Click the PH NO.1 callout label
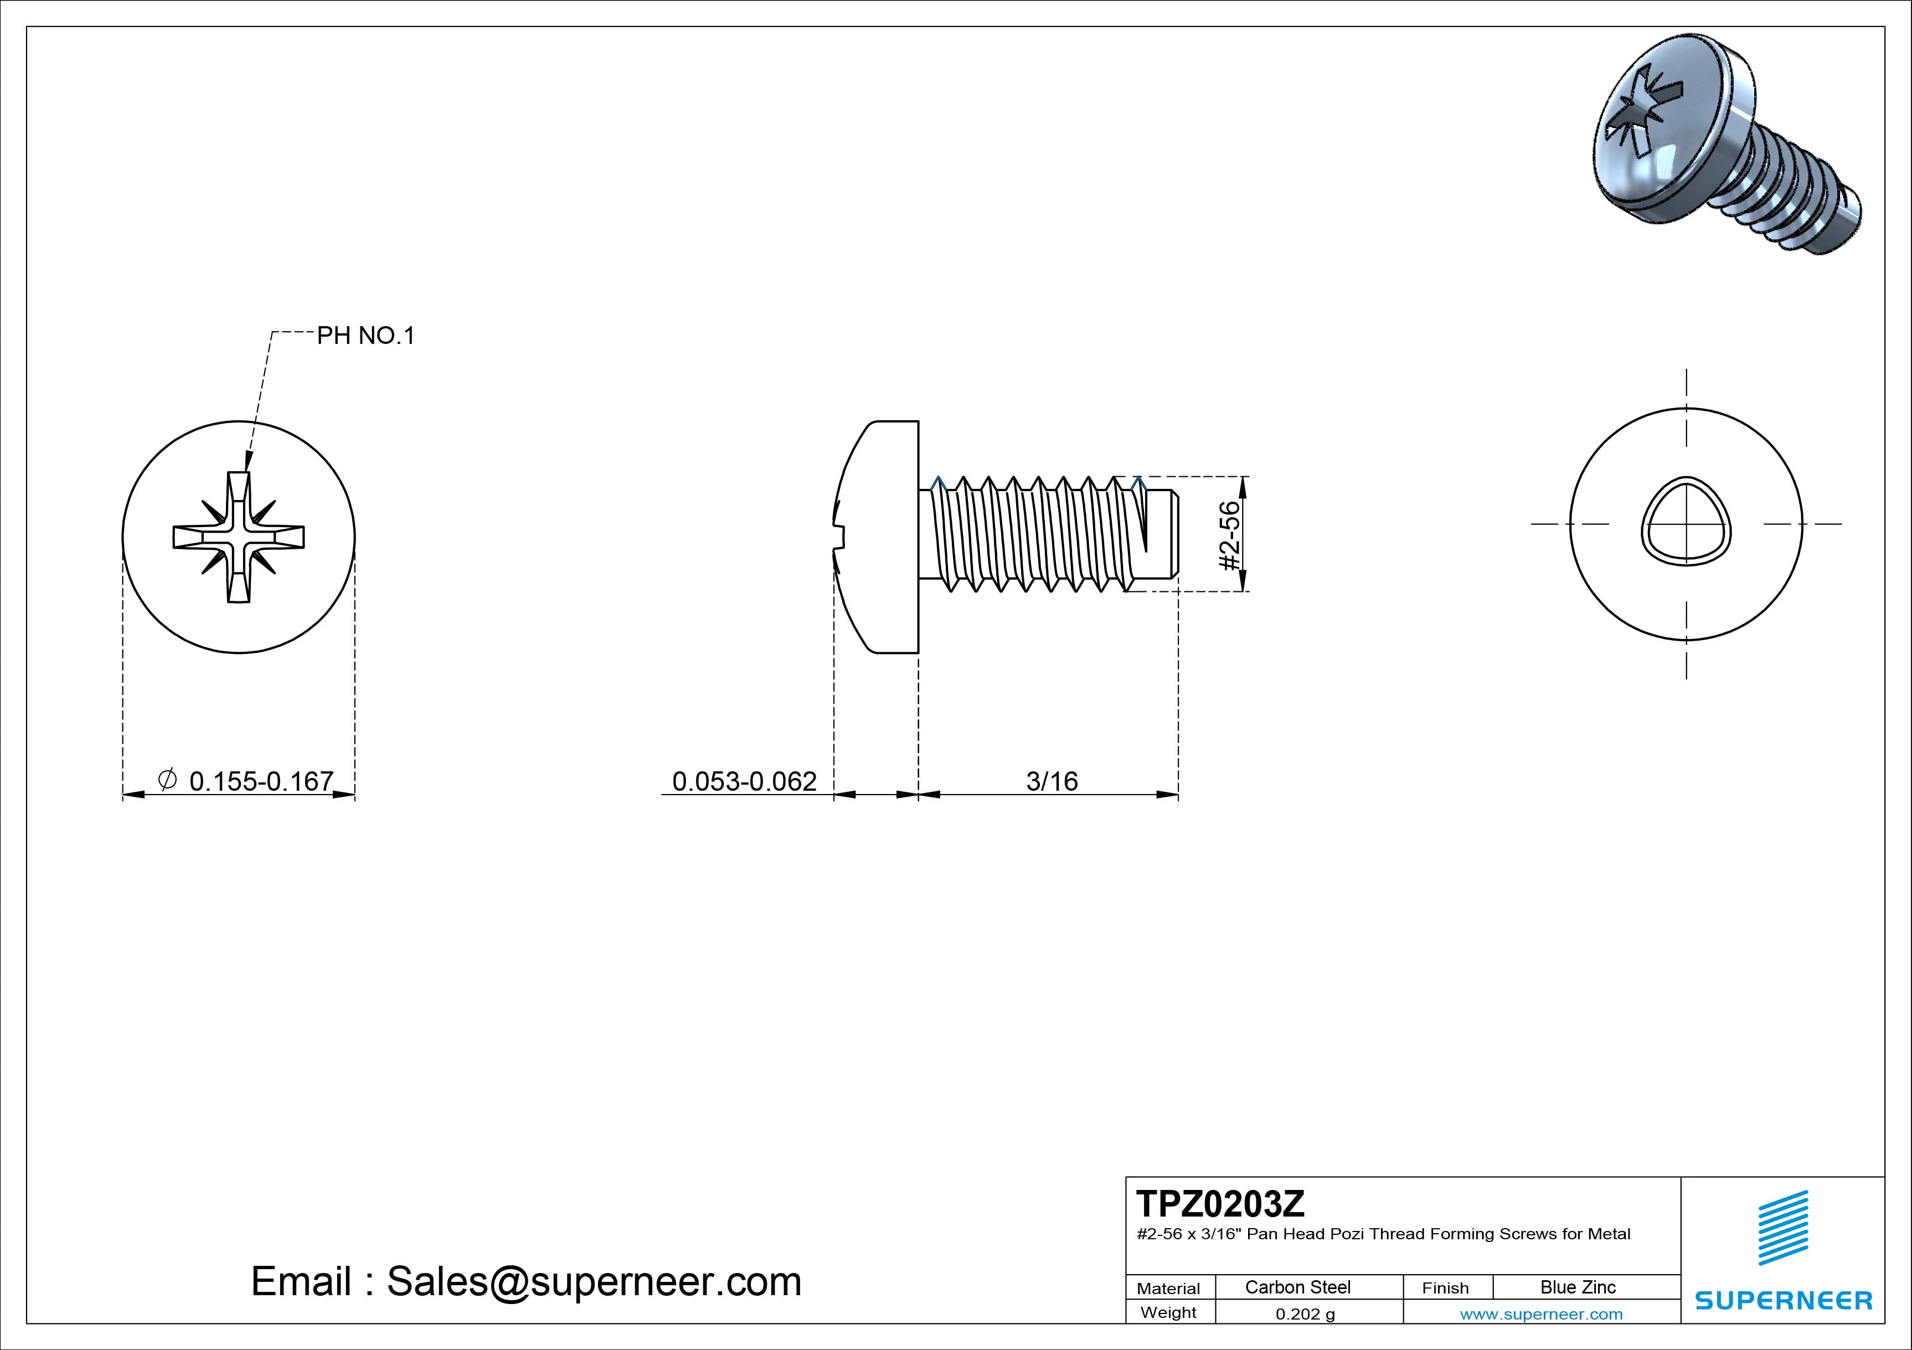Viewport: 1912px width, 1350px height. [365, 336]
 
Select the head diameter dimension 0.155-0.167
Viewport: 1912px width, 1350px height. [261, 781]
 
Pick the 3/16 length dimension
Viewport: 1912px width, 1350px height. [1052, 781]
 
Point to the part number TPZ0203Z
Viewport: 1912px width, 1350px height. [1220, 1203]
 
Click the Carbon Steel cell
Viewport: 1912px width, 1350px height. [1297, 1287]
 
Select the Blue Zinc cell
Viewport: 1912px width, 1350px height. [1578, 1287]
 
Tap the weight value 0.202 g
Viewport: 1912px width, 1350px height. [1305, 1314]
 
